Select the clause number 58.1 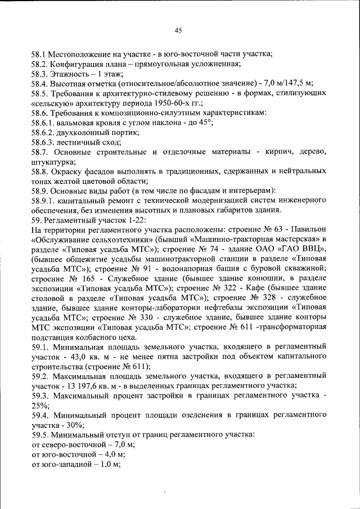[39, 55]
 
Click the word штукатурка [53, 162]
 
